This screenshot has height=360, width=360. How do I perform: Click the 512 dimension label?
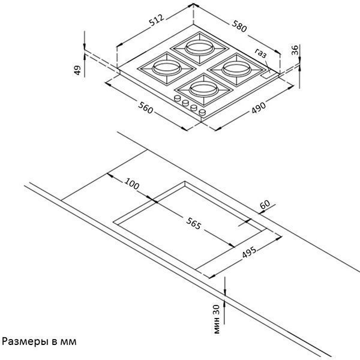pyautogui.click(x=157, y=20)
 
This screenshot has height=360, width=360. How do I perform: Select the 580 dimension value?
pyautogui.click(x=239, y=26)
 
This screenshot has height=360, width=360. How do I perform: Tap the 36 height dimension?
pyautogui.click(x=295, y=50)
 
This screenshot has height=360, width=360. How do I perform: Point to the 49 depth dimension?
pyautogui.click(x=77, y=70)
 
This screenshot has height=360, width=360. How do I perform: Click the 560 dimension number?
pyautogui.click(x=146, y=107)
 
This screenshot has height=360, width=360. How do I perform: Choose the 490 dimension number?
pyautogui.click(x=259, y=107)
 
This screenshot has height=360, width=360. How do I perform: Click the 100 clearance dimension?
pyautogui.click(x=132, y=184)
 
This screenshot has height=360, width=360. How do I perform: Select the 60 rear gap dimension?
pyautogui.click(x=265, y=205)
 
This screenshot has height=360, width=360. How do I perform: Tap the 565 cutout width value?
pyautogui.click(x=194, y=223)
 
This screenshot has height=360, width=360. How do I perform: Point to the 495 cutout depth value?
pyautogui.click(x=250, y=252)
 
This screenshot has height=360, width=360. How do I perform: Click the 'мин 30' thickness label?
pyautogui.click(x=217, y=319)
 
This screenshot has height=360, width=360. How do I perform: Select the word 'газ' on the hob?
pyautogui.click(x=261, y=53)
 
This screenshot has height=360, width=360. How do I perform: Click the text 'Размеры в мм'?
pyautogui.click(x=39, y=341)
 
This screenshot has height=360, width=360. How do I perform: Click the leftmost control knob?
pyautogui.click(x=178, y=98)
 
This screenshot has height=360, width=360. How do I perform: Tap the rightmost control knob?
pyautogui.click(x=202, y=113)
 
